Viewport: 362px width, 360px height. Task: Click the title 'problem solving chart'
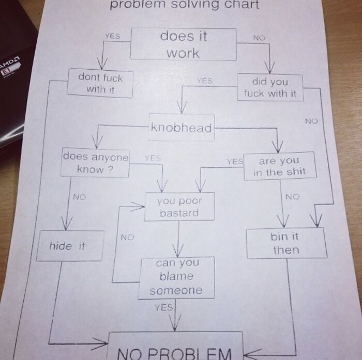pos(184,6)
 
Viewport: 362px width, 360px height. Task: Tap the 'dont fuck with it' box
pos(100,83)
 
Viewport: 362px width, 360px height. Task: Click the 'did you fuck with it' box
pos(270,87)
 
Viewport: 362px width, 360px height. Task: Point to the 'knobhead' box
pos(181,128)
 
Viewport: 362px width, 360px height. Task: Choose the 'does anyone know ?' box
pos(95,163)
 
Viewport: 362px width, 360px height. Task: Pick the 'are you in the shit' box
pos(279,166)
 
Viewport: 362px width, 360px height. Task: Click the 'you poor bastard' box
pos(179,207)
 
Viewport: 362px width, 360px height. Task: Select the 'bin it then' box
pos(285,243)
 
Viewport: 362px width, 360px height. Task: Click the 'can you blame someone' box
pos(176,277)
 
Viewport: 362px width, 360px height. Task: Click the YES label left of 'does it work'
pos(112,36)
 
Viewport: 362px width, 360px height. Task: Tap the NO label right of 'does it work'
pos(259,37)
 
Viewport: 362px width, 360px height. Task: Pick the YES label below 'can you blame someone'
pos(163,307)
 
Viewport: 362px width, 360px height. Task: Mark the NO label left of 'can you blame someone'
pos(127,237)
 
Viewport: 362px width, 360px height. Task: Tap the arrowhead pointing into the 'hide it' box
pos(65,225)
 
